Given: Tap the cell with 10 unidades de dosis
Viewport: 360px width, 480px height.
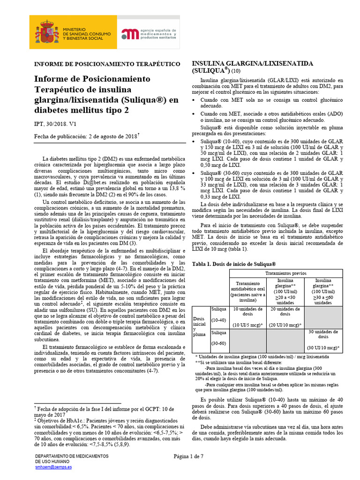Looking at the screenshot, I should [247, 317].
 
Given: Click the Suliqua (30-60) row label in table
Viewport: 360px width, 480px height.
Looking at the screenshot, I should [219, 337].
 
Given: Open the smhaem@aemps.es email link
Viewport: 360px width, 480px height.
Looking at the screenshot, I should [54, 467].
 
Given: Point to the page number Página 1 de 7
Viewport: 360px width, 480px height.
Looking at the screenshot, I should [188, 456].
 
